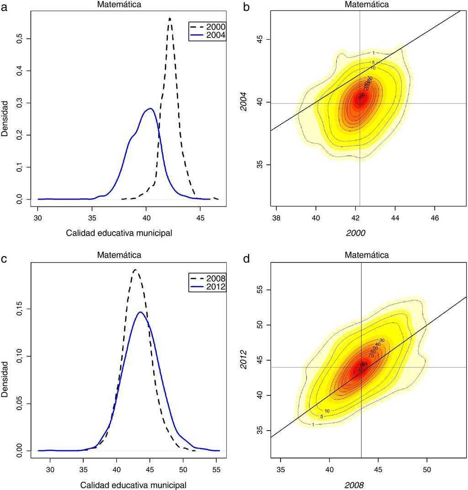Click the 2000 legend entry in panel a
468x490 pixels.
(x=207, y=26)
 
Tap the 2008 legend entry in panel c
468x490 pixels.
(x=207, y=278)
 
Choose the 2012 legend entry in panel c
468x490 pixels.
(x=207, y=287)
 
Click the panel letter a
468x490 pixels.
(x=4, y=6)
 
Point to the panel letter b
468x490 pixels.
(x=246, y=7)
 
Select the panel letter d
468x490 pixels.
(x=246, y=259)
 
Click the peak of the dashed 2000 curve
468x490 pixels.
(x=170, y=19)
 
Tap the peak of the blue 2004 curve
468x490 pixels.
(x=150, y=109)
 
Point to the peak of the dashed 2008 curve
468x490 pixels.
(x=135, y=270)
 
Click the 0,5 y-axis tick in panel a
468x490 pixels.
(x=19, y=39)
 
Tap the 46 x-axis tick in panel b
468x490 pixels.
(x=435, y=219)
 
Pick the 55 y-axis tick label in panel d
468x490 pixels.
(x=264, y=290)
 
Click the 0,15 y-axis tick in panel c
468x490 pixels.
(x=19, y=309)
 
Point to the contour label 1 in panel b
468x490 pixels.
(x=373, y=53)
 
